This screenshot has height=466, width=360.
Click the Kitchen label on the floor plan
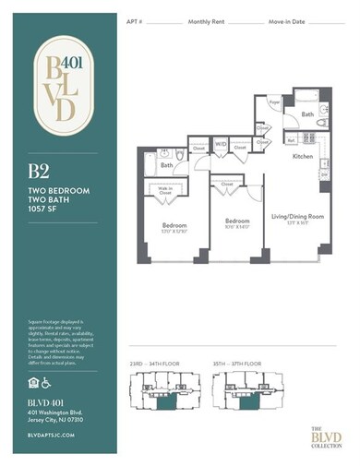[304, 158]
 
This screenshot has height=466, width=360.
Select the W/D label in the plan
[222, 144]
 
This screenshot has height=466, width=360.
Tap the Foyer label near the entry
[273, 103]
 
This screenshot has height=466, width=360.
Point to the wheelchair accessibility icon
[44, 380]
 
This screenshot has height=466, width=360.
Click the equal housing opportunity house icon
[30, 380]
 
